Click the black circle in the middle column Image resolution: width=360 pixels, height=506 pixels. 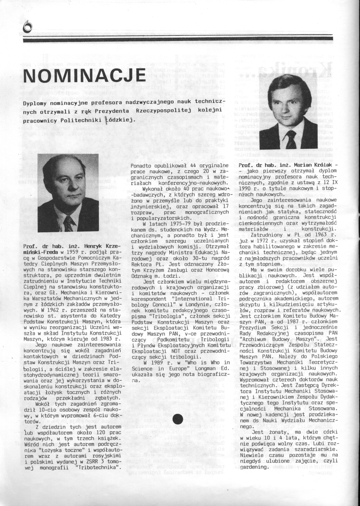click(x=178, y=419)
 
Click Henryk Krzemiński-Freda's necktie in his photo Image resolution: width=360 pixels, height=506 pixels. click(x=69, y=224)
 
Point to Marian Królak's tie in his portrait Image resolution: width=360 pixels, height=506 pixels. click(x=291, y=139)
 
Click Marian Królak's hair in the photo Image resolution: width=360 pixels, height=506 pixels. click(x=289, y=85)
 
